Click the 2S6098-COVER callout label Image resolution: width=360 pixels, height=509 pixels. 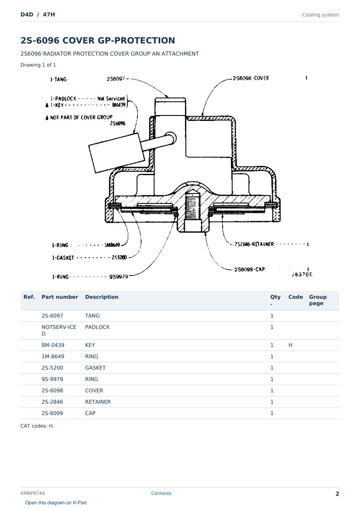(251, 78)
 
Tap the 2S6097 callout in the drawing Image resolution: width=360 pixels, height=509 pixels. (115, 79)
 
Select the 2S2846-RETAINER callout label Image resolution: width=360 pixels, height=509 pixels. (254, 244)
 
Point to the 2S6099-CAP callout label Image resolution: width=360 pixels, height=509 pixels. (250, 269)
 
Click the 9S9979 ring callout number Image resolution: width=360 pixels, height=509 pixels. (119, 276)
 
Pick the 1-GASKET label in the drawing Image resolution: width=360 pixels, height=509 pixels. (63, 258)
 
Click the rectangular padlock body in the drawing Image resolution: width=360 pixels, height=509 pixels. (117, 153)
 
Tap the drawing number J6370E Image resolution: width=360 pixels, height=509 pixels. (302, 274)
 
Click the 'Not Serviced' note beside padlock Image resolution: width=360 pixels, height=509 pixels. (111, 98)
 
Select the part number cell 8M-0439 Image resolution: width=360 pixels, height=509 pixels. (53, 345)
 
